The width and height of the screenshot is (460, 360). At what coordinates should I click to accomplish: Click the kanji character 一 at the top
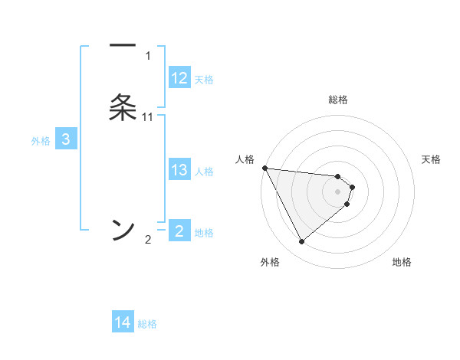click(123, 46)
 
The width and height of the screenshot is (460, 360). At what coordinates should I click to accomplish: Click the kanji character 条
click(123, 107)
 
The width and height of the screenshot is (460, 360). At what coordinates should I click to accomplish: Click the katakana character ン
click(123, 228)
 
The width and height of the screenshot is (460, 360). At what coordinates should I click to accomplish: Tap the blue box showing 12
click(179, 78)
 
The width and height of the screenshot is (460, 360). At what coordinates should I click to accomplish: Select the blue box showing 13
click(179, 170)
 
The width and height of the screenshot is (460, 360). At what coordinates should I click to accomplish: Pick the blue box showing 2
click(179, 231)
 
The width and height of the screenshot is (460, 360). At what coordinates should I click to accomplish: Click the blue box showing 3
click(66, 139)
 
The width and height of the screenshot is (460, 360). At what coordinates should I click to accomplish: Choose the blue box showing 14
click(123, 323)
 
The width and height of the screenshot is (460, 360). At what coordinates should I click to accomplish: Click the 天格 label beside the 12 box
click(204, 79)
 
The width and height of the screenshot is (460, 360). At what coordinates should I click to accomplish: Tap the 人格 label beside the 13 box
click(204, 171)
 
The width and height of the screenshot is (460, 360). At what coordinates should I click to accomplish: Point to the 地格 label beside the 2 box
click(204, 232)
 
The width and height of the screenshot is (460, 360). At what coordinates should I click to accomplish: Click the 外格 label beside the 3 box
click(40, 140)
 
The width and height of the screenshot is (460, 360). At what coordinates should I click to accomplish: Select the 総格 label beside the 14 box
click(147, 324)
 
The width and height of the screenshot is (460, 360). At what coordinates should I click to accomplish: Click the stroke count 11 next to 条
click(148, 116)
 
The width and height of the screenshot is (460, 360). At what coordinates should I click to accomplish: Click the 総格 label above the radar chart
click(337, 100)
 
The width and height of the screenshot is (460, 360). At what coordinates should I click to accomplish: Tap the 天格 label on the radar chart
click(431, 159)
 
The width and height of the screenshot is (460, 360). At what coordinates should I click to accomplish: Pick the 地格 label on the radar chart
click(402, 262)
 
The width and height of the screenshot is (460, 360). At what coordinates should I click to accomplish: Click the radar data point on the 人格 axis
click(264, 168)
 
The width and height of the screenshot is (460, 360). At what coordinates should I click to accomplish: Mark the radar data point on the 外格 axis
click(301, 242)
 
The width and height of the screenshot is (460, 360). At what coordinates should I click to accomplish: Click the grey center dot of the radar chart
click(337, 191)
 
